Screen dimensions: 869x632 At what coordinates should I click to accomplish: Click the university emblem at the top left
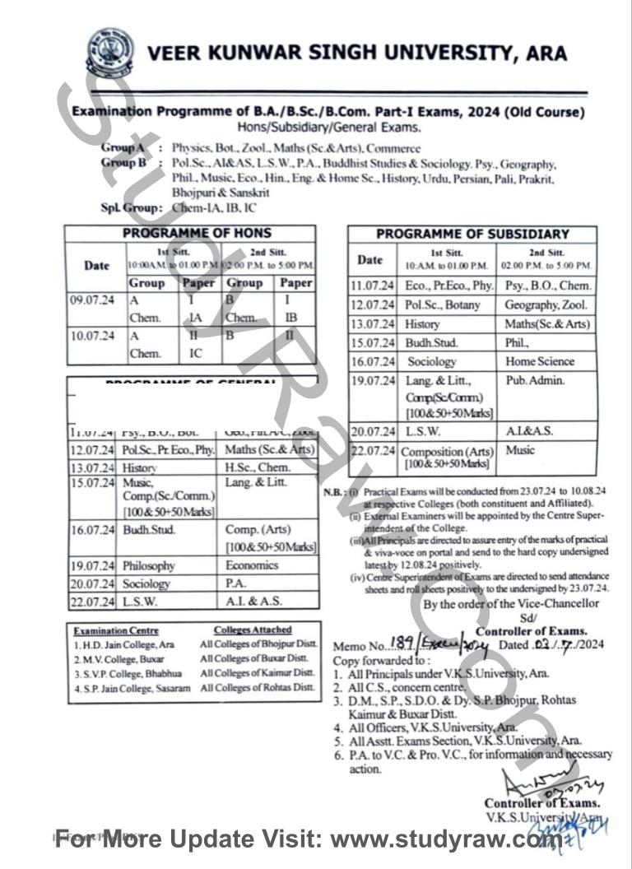pyautogui.click(x=110, y=53)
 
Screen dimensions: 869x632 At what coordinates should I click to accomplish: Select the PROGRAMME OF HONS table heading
pyautogui.click(x=197, y=234)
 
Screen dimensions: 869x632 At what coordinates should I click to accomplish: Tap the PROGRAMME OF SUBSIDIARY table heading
pyautogui.click(x=472, y=234)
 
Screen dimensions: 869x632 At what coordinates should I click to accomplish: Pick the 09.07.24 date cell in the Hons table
pyautogui.click(x=92, y=300)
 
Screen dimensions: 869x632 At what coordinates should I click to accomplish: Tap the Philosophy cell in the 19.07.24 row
pyautogui.click(x=149, y=566)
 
